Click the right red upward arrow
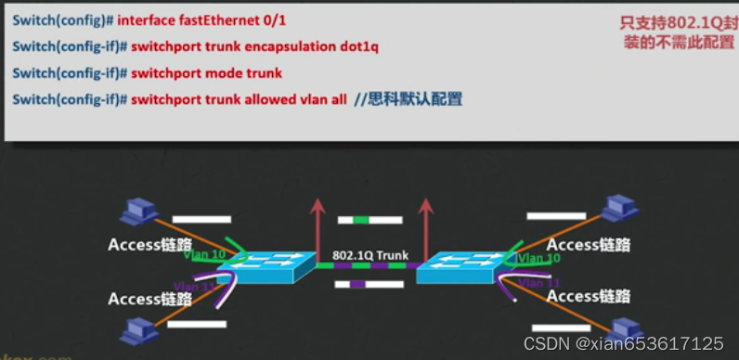coord(429,219)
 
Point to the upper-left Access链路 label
coord(149,245)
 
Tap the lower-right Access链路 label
coord(589,296)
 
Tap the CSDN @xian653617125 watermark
coord(623,343)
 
